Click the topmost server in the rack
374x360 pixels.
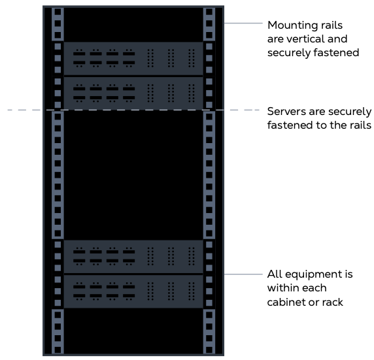tap(133, 57)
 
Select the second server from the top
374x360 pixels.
tap(133, 92)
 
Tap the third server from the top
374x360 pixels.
tap(133, 255)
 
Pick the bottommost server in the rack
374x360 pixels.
tap(133, 290)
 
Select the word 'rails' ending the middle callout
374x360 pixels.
tap(357, 125)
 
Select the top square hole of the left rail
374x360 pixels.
tap(57, 12)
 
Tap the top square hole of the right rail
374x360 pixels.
tap(209, 12)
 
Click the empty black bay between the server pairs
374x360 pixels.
tap(133, 173)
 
